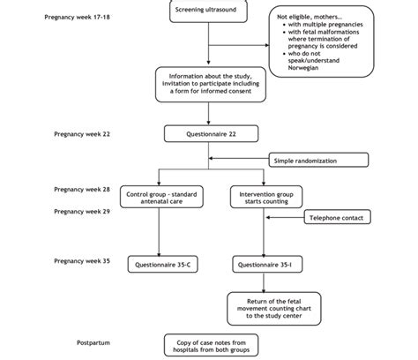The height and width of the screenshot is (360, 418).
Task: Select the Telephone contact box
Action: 338,217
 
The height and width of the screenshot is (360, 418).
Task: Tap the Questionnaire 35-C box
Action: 158,264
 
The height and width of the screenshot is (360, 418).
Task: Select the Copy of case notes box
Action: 208,344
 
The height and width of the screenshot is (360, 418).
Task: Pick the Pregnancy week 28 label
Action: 82,189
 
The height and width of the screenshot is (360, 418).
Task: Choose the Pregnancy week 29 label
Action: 82,211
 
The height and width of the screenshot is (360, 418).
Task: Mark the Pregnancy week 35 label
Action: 82,260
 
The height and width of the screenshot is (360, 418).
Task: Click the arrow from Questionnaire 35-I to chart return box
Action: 258,281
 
